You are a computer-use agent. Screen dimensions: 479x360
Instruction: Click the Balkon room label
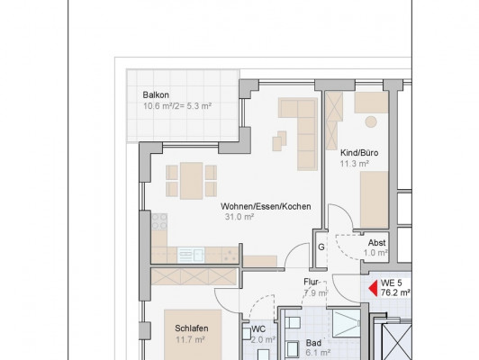pyautogui.click(x=156, y=95)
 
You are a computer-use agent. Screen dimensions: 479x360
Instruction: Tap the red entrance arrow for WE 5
pyautogui.click(x=374, y=289)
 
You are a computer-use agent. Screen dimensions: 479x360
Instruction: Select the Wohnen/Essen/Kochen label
pyautogui.click(x=266, y=206)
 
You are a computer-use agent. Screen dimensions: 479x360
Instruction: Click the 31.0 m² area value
pyautogui.click(x=239, y=217)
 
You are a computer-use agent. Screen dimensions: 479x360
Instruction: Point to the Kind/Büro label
pyautogui.click(x=359, y=153)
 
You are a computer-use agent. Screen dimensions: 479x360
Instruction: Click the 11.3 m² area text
pyautogui.click(x=355, y=164)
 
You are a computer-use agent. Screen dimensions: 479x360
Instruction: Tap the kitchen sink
pyautogui.click(x=191, y=256)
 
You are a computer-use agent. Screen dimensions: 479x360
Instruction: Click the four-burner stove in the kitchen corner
pyautogui.click(x=159, y=221)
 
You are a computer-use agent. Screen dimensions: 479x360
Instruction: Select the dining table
pyautogui.click(x=192, y=181)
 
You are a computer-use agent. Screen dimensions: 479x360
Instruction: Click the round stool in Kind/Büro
pyautogui.click(x=371, y=121)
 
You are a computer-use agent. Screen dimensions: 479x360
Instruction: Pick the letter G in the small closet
pyautogui.click(x=321, y=247)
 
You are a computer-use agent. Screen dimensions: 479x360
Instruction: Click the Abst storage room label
pyautogui.click(x=376, y=243)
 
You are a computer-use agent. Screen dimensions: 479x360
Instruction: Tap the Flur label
pyautogui.click(x=311, y=282)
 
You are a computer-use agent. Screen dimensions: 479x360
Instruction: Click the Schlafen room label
pyautogui.click(x=192, y=328)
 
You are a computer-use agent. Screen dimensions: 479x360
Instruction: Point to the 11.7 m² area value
pyautogui.click(x=190, y=339)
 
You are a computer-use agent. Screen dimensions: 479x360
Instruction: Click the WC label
pyautogui.click(x=258, y=329)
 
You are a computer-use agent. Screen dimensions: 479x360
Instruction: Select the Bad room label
pyautogui.click(x=313, y=343)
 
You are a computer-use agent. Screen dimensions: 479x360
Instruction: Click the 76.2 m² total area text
pyautogui.click(x=395, y=292)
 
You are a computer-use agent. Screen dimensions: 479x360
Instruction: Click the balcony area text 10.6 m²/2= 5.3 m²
pyautogui.click(x=177, y=106)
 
